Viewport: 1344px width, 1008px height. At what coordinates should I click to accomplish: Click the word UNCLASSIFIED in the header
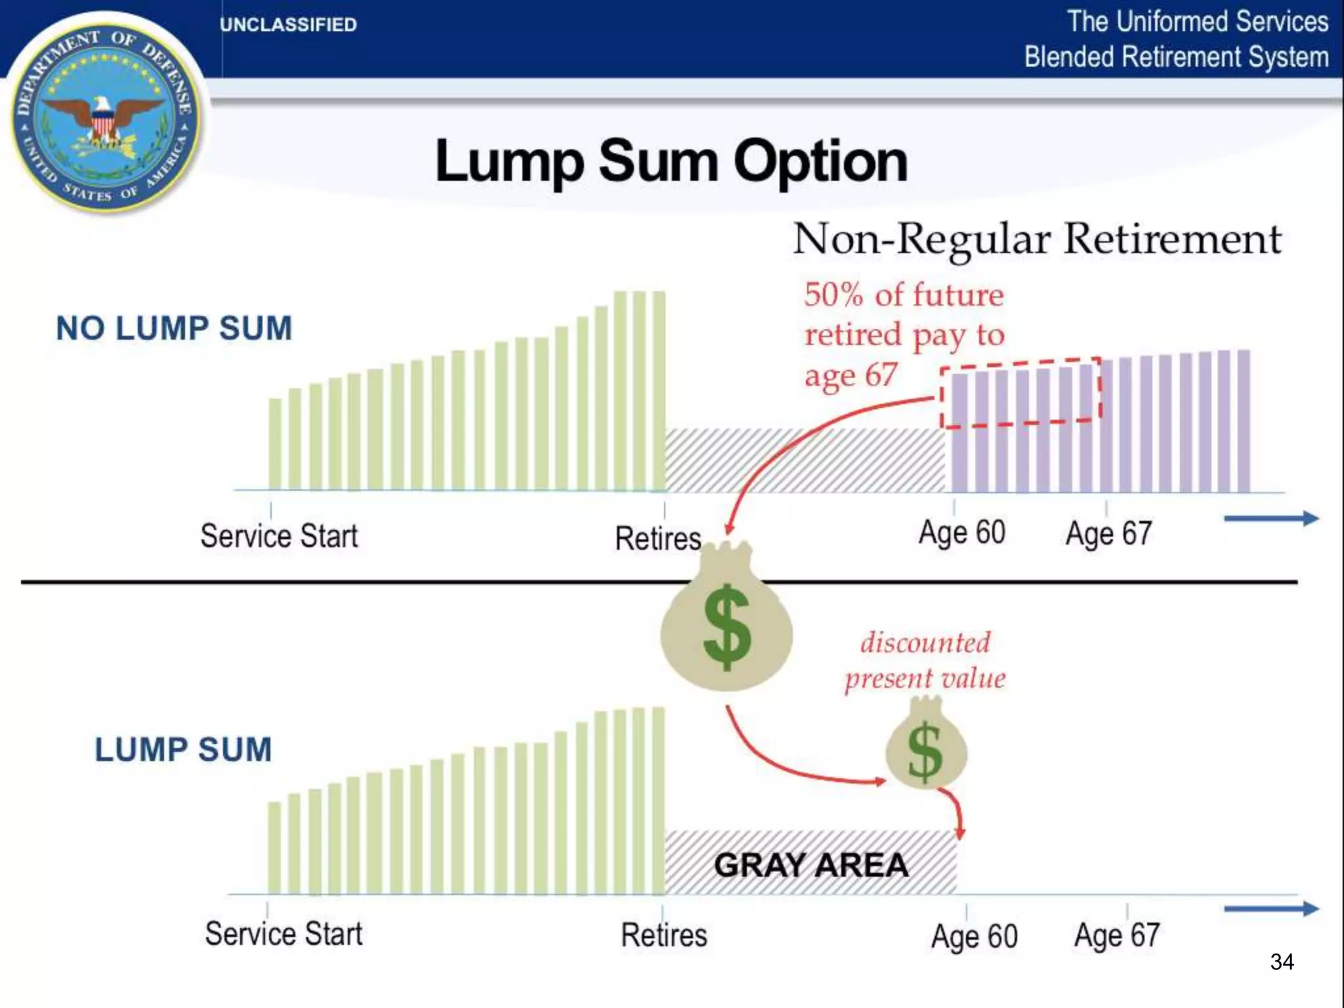point(288,25)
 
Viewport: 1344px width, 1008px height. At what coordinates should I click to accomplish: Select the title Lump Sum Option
point(671,161)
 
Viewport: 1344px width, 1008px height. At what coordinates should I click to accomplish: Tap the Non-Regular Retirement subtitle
point(1037,239)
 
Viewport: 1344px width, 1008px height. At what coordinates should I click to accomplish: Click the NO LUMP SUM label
point(174,328)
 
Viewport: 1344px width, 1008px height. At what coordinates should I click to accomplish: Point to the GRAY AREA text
point(811,865)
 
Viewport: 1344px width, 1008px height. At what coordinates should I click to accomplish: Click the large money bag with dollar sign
point(726,623)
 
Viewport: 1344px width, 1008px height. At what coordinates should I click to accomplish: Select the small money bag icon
point(926,745)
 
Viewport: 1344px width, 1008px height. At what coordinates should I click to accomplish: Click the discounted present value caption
point(925,660)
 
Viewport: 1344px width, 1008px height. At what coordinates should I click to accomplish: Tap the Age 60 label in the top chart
point(961,532)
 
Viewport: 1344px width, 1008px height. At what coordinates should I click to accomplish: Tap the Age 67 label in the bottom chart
point(1116,935)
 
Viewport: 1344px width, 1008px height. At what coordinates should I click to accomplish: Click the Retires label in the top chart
point(658,538)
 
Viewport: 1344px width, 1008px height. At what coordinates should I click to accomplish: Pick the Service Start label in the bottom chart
point(283,934)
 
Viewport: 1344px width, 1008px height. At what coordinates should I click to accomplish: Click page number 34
point(1282,962)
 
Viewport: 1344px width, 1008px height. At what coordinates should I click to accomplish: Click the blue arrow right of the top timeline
point(1270,518)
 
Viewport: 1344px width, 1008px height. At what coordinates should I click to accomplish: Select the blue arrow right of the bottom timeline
point(1270,909)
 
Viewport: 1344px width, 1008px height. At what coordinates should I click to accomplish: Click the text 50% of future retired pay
point(904,335)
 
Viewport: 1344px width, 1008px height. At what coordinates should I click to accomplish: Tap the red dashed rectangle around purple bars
point(1020,393)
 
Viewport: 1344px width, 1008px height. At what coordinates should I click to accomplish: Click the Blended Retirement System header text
point(1176,56)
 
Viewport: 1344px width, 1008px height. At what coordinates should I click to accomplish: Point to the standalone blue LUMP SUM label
point(183,749)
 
